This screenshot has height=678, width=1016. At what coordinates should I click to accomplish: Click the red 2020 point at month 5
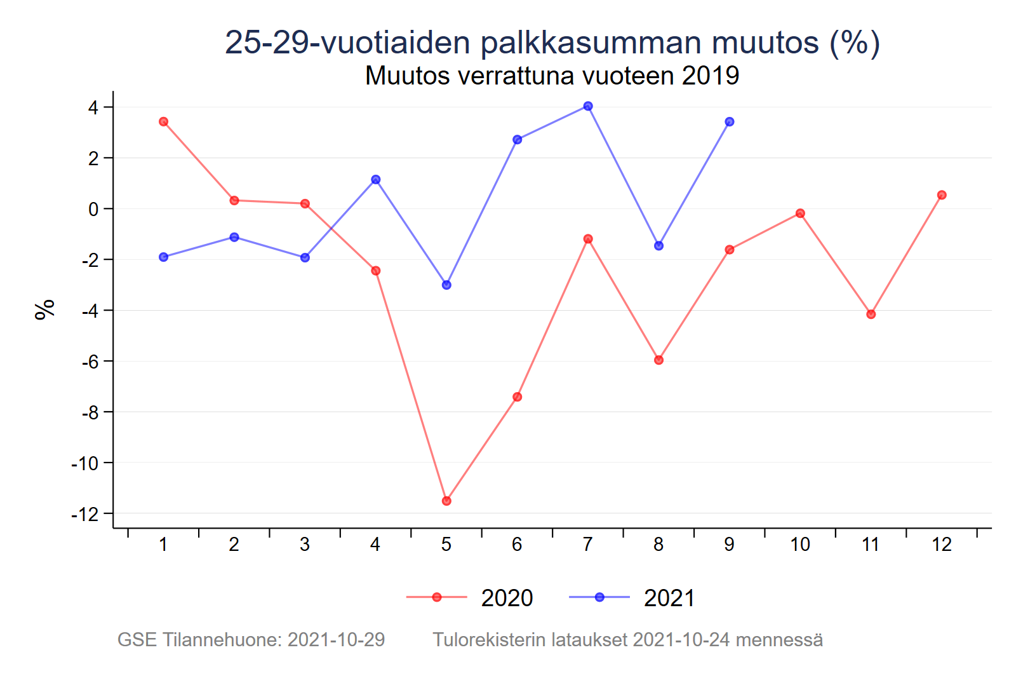coord(446,501)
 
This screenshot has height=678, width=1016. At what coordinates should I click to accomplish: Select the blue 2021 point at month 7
coord(588,106)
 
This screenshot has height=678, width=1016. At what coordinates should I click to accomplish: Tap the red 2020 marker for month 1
coord(163,121)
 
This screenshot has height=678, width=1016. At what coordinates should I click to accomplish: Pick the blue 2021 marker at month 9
coord(730,121)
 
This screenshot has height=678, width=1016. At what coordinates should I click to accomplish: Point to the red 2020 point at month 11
coord(871,314)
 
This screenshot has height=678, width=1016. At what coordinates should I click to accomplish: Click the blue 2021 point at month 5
coord(446,285)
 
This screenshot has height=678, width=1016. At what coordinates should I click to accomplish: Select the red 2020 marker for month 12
coord(942,195)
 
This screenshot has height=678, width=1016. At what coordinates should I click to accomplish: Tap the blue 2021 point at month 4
coord(376,180)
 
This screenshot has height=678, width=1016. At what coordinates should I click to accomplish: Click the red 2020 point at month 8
coord(658,360)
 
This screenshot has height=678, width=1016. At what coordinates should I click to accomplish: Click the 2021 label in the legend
coord(669,598)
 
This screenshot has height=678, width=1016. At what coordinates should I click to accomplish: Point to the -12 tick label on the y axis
coord(86,514)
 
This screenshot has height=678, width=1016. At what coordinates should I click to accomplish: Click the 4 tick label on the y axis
coord(93,107)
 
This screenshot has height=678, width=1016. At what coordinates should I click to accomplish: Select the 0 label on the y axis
coord(93,209)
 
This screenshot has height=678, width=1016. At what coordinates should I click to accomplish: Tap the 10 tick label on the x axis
coord(800,545)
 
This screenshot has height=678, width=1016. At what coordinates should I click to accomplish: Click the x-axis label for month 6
coord(517,545)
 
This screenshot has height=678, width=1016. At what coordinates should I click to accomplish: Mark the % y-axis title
coord(45,309)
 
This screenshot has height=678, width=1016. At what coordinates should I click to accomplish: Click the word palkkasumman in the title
coord(591,43)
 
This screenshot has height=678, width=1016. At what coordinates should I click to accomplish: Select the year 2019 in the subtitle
coord(711,76)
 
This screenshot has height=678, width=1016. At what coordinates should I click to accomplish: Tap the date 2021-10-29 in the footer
coord(336,639)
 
